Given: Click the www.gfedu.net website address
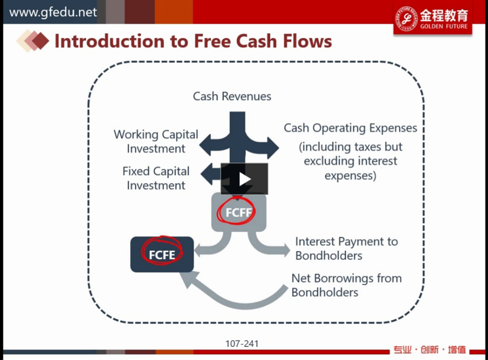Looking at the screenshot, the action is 53,13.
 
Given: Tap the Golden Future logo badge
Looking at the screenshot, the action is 432,19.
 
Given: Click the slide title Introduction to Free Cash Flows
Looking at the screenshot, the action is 193,41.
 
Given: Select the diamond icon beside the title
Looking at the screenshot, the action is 33,40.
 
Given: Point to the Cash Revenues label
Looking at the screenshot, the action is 232,96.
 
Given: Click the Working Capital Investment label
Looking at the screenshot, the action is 156,141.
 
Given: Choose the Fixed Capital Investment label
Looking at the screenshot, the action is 156,178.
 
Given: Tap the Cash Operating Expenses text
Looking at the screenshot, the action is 351,128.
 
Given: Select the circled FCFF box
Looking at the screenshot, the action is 239,213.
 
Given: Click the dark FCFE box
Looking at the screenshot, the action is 162,254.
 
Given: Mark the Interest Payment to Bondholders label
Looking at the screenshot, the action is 347,248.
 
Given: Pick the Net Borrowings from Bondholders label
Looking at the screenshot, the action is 347,285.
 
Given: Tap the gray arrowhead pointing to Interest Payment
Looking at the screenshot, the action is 285,249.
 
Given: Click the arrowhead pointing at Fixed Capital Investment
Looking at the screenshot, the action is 207,174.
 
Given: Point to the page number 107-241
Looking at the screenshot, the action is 242,343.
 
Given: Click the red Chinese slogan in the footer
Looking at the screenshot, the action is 429,350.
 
